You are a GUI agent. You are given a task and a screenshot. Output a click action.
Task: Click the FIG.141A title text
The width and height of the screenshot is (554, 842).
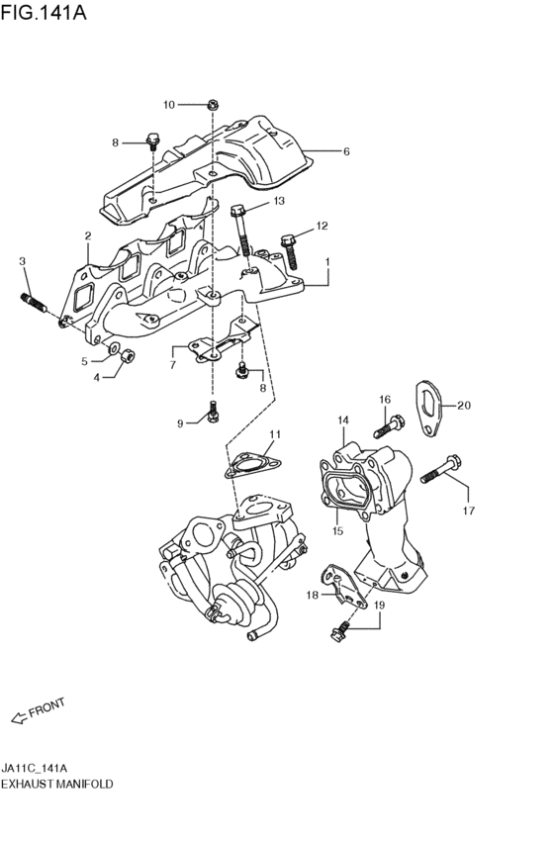click(x=44, y=12)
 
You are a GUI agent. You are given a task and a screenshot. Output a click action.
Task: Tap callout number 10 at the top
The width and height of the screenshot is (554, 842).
click(x=169, y=105)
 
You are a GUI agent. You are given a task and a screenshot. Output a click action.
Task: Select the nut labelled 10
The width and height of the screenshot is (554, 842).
click(x=213, y=104)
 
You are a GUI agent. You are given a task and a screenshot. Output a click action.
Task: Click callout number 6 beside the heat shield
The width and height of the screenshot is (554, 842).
click(x=346, y=151)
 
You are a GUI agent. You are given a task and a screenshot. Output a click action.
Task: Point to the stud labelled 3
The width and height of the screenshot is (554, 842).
click(x=33, y=304)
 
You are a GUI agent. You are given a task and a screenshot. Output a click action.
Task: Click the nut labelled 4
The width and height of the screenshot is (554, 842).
click(x=128, y=355)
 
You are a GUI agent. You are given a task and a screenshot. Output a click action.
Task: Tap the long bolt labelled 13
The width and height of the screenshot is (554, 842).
click(x=241, y=231)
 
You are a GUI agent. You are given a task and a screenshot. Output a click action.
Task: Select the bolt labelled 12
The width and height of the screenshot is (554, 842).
click(x=289, y=250)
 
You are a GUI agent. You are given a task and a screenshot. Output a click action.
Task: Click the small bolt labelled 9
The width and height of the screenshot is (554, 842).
click(x=213, y=412)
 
